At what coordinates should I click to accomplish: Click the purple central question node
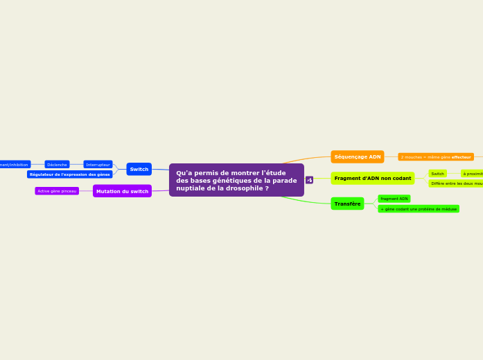(236, 180)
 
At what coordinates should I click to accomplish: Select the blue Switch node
(139, 169)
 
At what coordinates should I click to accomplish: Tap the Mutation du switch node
(122, 191)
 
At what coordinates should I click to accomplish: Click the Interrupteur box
(98, 165)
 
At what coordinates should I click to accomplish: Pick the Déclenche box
(57, 165)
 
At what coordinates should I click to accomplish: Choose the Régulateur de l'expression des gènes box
(70, 174)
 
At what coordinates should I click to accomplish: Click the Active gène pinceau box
(57, 191)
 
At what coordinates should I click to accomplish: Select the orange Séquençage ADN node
(358, 156)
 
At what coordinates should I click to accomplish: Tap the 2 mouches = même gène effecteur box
(436, 157)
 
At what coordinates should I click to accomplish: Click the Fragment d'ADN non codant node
(373, 178)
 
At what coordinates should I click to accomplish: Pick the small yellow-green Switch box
(437, 174)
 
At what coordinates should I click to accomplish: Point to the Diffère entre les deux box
(455, 183)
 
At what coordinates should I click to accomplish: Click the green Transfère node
(347, 204)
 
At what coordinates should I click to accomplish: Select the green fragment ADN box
(394, 199)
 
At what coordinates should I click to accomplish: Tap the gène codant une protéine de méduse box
(419, 208)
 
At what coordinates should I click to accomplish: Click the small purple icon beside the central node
(309, 180)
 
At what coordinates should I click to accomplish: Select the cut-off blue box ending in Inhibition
(15, 165)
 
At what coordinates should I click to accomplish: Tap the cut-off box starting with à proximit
(473, 174)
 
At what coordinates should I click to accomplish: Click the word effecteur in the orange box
(462, 157)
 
